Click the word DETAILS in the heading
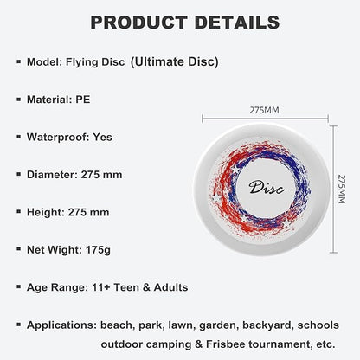231,22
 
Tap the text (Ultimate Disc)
174,61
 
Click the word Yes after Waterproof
102,137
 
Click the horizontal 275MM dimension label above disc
264,112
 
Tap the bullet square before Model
17,61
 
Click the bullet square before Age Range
17,287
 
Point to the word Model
42,61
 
